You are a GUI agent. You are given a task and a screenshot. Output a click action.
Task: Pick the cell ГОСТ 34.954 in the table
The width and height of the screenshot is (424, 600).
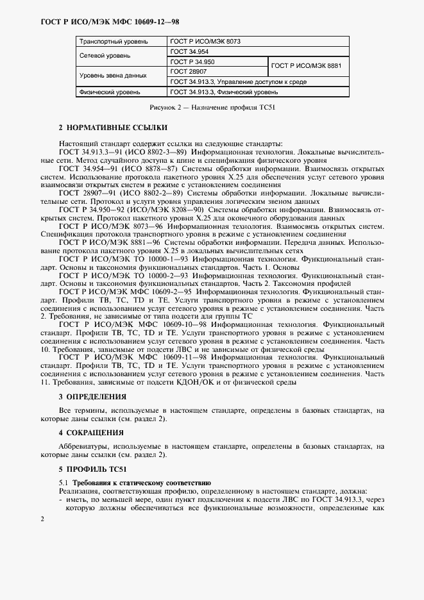tap(190, 51)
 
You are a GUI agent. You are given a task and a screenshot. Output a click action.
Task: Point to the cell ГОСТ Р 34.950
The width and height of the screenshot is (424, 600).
tap(193, 62)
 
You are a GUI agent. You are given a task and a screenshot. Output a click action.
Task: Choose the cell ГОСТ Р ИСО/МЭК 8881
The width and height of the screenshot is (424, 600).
tap(307, 67)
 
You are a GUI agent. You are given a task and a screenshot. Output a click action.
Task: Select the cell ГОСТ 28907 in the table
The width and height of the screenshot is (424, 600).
tap(189, 72)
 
